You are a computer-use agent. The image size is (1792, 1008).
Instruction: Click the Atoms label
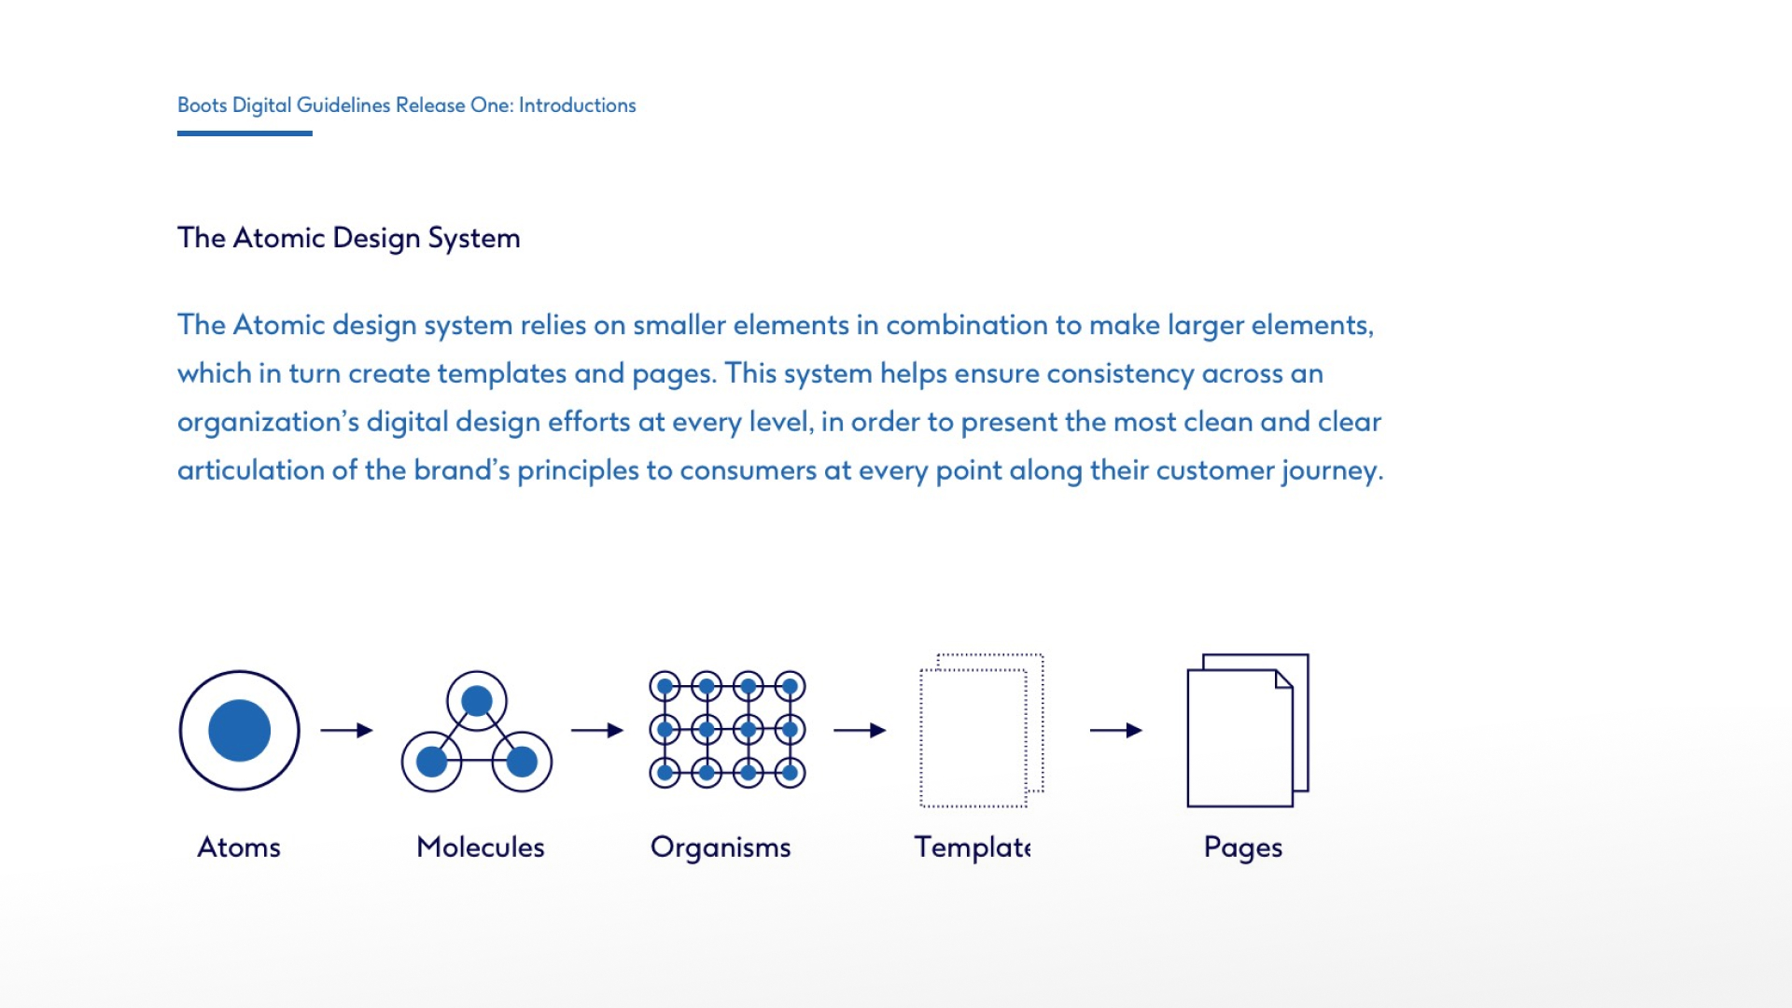point(239,847)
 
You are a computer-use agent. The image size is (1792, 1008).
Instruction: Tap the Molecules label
point(481,847)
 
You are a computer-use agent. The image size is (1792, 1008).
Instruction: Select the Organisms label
point(721,847)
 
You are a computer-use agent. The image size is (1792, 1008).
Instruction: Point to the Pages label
point(1243,847)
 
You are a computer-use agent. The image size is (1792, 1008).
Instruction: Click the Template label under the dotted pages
point(973,847)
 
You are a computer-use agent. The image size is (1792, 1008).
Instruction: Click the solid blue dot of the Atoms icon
point(240,731)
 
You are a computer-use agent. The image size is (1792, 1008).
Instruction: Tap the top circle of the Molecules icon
point(477,701)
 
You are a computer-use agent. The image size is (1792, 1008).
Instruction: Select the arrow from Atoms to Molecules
point(347,730)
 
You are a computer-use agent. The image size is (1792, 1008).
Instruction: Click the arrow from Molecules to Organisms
point(597,730)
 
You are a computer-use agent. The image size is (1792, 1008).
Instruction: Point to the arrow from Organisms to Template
point(860,730)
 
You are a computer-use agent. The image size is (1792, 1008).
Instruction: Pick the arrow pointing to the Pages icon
point(1116,730)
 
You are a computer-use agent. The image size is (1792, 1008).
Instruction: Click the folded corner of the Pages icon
point(1284,679)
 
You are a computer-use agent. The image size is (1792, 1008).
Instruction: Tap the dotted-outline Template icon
point(982,730)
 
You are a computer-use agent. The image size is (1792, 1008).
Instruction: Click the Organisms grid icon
point(727,730)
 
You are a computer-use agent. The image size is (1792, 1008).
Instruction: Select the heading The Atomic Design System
point(349,238)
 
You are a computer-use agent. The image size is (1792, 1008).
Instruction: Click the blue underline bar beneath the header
point(245,133)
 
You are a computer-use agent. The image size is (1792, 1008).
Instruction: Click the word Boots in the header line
point(203,105)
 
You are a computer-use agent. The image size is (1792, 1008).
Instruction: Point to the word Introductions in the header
point(578,105)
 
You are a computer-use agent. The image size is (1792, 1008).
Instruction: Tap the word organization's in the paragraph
point(268,422)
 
